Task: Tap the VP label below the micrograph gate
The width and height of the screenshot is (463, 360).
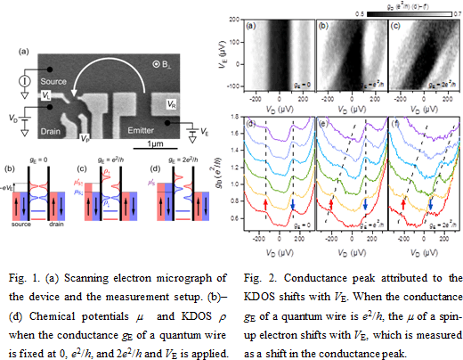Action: (x=85, y=139)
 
